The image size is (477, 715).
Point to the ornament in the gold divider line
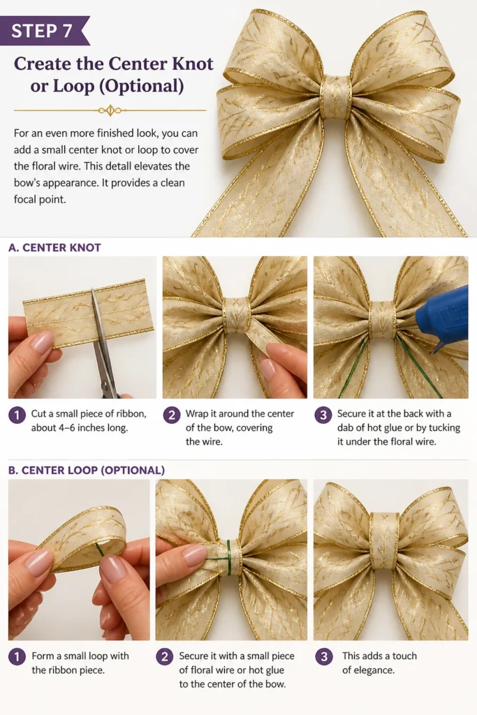tap(110, 110)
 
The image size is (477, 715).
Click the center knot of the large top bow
tap(336, 97)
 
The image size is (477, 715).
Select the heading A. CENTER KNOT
tap(54, 248)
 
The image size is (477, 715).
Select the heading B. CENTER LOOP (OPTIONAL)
tap(87, 470)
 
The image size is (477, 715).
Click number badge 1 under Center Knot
tap(17, 415)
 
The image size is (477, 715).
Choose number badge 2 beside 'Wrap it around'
tap(172, 415)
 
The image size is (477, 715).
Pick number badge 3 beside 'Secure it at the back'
tap(323, 415)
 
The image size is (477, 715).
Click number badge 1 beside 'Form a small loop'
tap(17, 656)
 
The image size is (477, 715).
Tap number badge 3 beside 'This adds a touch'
tap(324, 656)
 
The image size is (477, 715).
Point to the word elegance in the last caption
tap(375, 670)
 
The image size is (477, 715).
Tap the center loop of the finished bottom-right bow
tap(384, 540)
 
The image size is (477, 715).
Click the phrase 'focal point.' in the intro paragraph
tap(40, 199)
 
